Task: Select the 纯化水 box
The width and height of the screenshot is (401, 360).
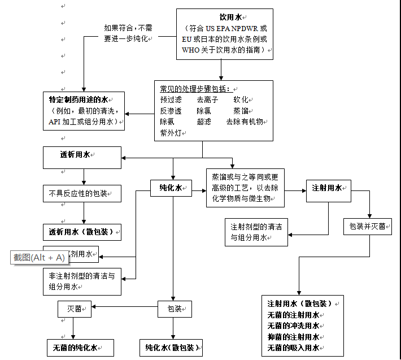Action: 171,188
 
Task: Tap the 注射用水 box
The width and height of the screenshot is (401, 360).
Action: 328,188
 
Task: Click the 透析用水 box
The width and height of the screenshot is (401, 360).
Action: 82,157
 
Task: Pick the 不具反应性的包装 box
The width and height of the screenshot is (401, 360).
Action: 82,193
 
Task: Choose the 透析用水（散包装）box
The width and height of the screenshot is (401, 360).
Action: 82,232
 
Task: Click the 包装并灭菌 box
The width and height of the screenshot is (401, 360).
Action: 367,226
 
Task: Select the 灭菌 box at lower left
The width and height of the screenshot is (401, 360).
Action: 74,309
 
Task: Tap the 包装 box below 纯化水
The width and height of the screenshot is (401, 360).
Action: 175,309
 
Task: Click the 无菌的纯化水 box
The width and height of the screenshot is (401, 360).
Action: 80,348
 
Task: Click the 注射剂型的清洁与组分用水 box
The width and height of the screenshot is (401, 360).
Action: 256,232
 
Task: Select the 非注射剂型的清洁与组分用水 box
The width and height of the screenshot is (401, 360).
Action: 82,281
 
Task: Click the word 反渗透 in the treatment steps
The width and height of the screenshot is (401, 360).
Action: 171,111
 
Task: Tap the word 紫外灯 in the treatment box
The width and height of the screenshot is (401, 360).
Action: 171,132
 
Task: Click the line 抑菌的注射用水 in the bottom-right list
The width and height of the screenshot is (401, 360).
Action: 293,337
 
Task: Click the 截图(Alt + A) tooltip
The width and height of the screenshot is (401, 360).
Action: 39,257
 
